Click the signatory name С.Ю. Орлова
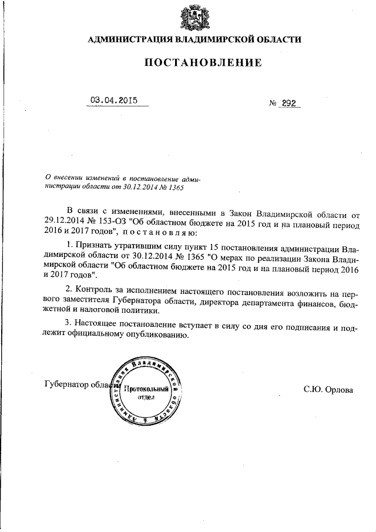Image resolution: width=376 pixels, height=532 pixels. (x=328, y=389)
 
